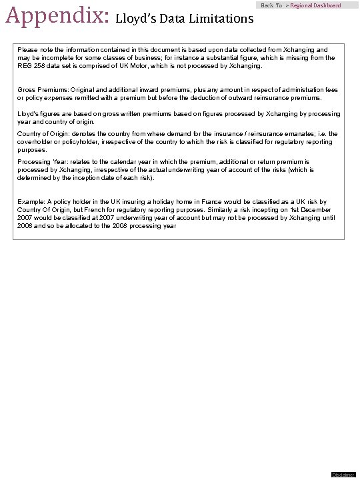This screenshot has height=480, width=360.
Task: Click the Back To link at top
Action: (271, 5)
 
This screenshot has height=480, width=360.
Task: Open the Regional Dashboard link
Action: (315, 5)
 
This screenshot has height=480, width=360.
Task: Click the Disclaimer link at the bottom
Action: (343, 474)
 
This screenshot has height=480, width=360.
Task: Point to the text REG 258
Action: (29, 66)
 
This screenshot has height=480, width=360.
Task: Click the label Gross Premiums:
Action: (40, 89)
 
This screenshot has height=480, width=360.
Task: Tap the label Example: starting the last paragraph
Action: (31, 202)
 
